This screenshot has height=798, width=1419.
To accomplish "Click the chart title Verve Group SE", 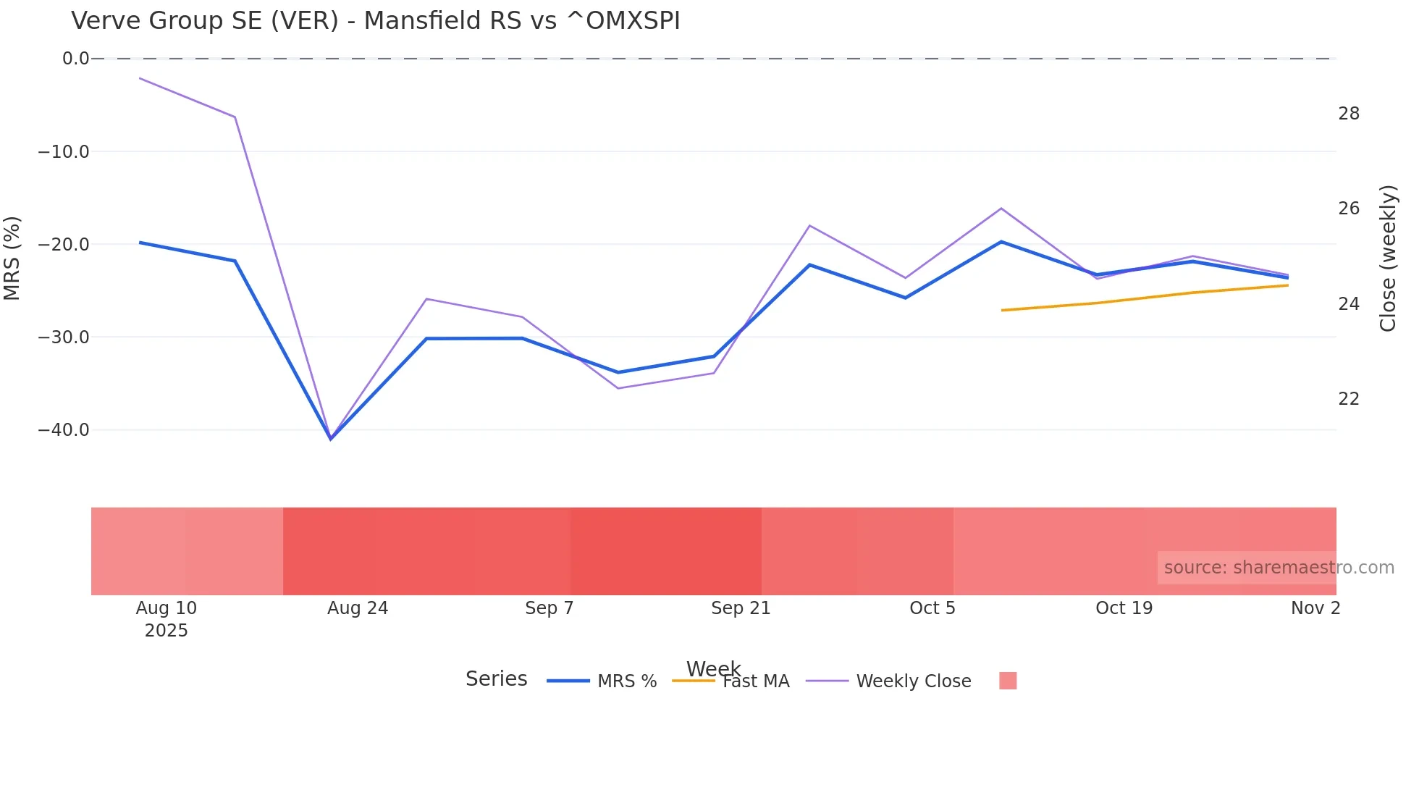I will pyautogui.click(x=375, y=21).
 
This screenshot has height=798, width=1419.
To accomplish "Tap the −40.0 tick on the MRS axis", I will pyautogui.click(x=64, y=430).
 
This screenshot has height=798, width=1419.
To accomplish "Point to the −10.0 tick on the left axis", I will pyautogui.click(x=64, y=152).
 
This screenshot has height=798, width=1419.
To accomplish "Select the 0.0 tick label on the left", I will pyautogui.click(x=75, y=59).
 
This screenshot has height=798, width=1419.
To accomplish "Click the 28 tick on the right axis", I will pyautogui.click(x=1349, y=114).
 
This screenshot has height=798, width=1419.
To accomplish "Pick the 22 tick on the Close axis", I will pyautogui.click(x=1349, y=399).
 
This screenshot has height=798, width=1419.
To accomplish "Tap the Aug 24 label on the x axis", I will pyautogui.click(x=358, y=608).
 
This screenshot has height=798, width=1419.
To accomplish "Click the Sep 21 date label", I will pyautogui.click(x=741, y=608).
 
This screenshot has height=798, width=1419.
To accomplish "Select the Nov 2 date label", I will pyautogui.click(x=1315, y=608).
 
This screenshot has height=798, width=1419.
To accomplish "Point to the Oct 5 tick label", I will pyautogui.click(x=932, y=608).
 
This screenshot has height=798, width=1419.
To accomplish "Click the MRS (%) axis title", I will pyautogui.click(x=12, y=258).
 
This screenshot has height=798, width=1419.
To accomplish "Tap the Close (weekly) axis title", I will pyautogui.click(x=1388, y=259).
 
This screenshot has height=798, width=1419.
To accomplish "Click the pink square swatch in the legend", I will pyautogui.click(x=1008, y=681).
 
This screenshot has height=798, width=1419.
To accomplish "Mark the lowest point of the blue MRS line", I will pyautogui.click(x=331, y=439).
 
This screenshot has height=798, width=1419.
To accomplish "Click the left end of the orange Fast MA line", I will pyautogui.click(x=1003, y=310).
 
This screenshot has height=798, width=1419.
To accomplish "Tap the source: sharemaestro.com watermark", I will pyautogui.click(x=1279, y=568).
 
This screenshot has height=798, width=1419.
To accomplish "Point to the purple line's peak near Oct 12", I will pyautogui.click(x=1001, y=209).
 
